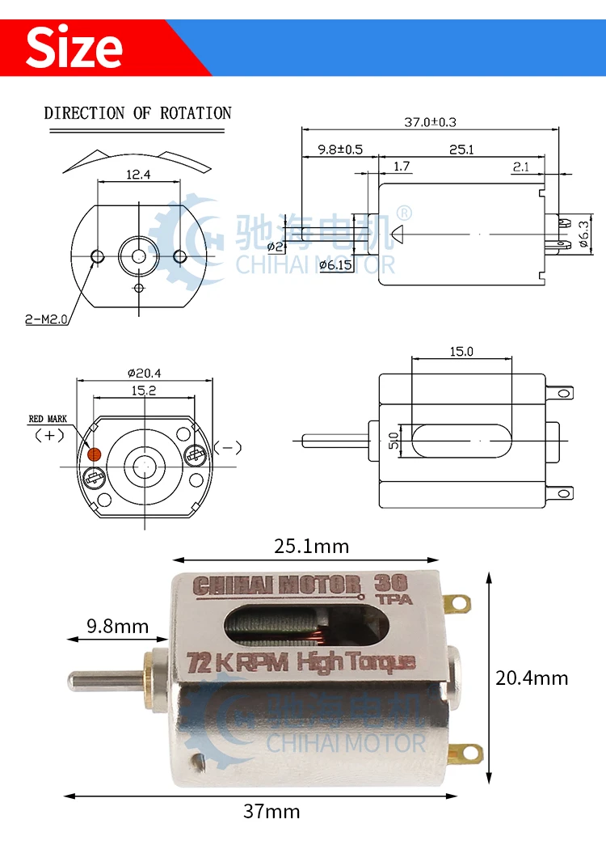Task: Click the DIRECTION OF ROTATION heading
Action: click(137, 113)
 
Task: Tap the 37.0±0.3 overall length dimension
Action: click(430, 122)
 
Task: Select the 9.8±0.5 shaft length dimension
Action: click(340, 149)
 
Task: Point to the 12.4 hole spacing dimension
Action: click(138, 175)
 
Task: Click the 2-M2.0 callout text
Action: click(46, 319)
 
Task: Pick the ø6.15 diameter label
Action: click(335, 264)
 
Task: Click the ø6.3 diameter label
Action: click(583, 234)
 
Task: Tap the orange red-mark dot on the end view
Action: click(95, 454)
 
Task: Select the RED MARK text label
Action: click(48, 419)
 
